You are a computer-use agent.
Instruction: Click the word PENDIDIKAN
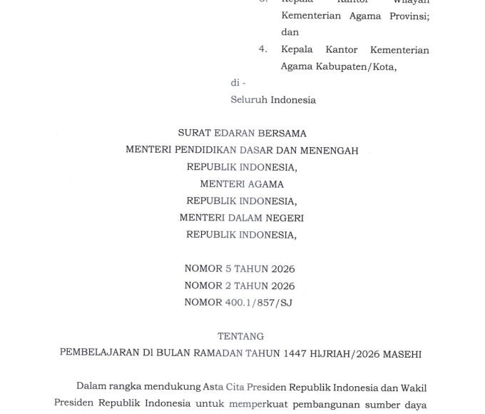[x=203, y=150]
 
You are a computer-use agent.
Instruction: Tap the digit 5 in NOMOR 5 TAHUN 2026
[x=228, y=269]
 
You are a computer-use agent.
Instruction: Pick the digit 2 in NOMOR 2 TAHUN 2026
[x=228, y=286]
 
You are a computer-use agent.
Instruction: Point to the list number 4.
[x=263, y=49]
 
